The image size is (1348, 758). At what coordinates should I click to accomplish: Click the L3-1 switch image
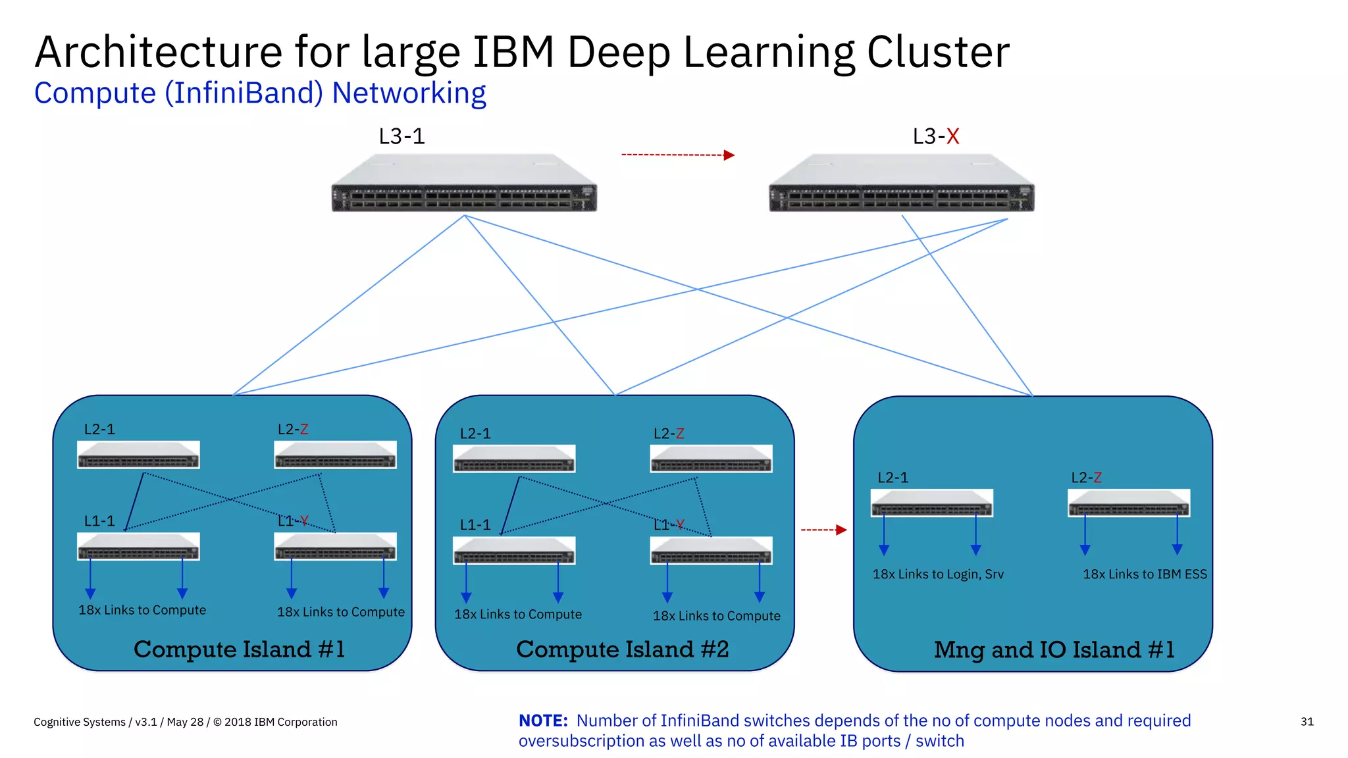pos(464,184)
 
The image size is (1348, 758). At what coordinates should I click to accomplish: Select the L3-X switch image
pos(902,184)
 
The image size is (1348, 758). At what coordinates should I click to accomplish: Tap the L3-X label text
pos(935,136)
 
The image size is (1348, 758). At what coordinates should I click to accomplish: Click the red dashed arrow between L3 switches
pos(678,155)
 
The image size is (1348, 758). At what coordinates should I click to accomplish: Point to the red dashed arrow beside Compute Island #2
pos(823,530)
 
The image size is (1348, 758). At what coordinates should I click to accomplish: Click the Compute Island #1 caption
pos(239,649)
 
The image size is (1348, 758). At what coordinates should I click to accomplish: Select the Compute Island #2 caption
pos(622,649)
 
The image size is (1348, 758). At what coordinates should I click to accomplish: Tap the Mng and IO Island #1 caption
pos(1054,650)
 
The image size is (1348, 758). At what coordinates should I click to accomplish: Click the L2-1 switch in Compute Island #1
pos(138,455)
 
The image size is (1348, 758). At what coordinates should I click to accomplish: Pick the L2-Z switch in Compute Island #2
pos(711,459)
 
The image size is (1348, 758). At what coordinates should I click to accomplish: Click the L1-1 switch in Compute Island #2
pos(514,551)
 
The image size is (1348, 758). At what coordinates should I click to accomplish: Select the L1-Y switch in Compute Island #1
pos(335,547)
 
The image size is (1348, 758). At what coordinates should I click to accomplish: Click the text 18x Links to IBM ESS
pos(1145,574)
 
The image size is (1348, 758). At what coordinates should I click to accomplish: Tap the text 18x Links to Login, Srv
pos(938,574)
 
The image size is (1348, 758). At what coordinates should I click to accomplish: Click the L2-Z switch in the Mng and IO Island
pos(1129,503)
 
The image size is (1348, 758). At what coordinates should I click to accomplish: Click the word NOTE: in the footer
pos(543,720)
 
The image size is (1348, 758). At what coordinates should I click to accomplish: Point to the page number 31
pos(1307,722)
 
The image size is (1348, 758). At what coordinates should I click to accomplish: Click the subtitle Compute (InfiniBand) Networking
pos(260,93)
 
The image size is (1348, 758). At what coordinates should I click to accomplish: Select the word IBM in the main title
pos(513,52)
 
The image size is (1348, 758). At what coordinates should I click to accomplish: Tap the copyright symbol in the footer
pos(217,722)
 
